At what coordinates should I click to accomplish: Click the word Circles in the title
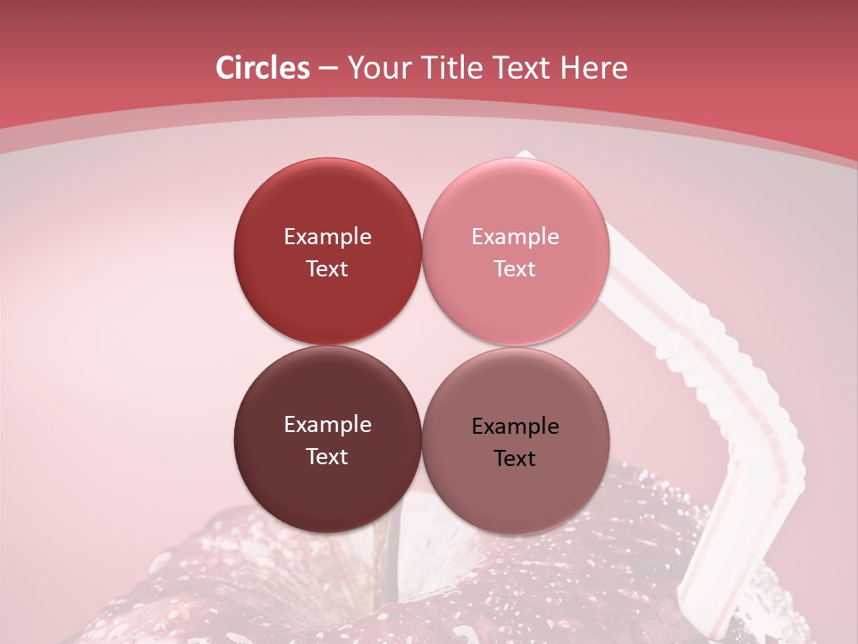coord(262,68)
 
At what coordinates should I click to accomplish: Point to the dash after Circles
coord(327,69)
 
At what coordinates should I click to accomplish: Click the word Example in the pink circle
coord(515,237)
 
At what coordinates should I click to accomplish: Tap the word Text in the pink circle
coord(515,269)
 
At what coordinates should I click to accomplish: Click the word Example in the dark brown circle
coord(327,425)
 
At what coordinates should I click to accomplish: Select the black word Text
coord(515,458)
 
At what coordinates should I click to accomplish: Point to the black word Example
coord(515,427)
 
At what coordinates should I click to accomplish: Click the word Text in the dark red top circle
coord(327,269)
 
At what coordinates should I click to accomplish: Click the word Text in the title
coord(525,68)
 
